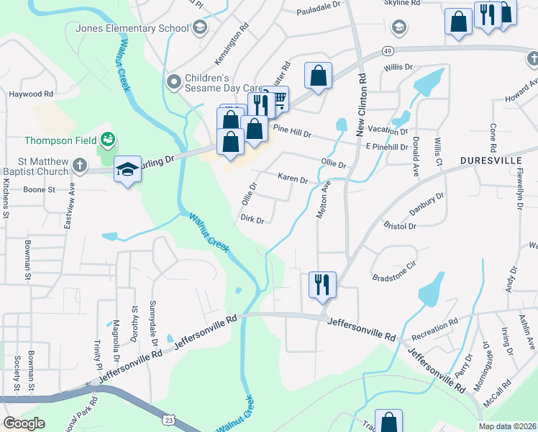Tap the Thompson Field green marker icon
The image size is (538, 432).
click(x=108, y=138)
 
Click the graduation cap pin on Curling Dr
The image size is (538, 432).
click(x=127, y=169)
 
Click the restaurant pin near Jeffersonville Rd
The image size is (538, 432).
click(x=322, y=284)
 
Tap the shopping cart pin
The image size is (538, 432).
click(x=277, y=99)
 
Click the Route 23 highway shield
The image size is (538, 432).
click(x=168, y=418)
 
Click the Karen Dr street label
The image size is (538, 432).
click(x=293, y=177)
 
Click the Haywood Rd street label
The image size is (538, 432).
click(x=31, y=94)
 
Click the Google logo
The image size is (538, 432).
click(x=24, y=423)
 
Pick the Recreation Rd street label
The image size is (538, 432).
click(x=434, y=330)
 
